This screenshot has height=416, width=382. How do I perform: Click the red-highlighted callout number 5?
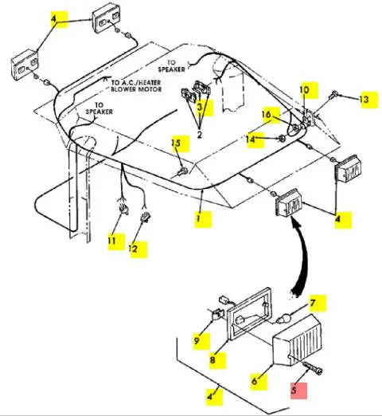pyautogui.click(x=294, y=390)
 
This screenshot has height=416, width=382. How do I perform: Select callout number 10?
pyautogui.click(x=304, y=90)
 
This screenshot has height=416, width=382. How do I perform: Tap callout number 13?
pyautogui.click(x=364, y=100)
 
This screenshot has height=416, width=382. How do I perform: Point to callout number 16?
pyautogui.click(x=267, y=115)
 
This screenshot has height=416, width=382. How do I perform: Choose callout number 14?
pyautogui.click(x=251, y=139)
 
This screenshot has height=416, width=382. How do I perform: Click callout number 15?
pyautogui.click(x=176, y=143)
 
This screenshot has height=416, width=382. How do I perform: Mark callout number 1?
pyautogui.click(x=198, y=218)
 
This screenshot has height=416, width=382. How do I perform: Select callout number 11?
pyautogui.click(x=111, y=241)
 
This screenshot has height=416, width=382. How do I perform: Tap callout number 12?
pyautogui.click(x=133, y=249)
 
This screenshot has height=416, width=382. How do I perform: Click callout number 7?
pyautogui.click(x=313, y=303)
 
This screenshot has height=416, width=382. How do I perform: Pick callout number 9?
pyautogui.click(x=197, y=340)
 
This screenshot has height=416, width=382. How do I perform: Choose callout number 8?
pyautogui.click(x=212, y=360)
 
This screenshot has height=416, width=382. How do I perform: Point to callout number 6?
pyautogui.click(x=255, y=381)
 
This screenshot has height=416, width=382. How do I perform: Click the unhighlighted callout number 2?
pyautogui.click(x=200, y=135)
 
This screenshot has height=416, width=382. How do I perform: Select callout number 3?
pyautogui.click(x=200, y=107)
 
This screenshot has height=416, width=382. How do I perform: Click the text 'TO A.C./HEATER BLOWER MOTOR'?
pyautogui.click(x=136, y=86)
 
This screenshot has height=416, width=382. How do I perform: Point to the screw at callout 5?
pyautogui.click(x=314, y=367)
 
